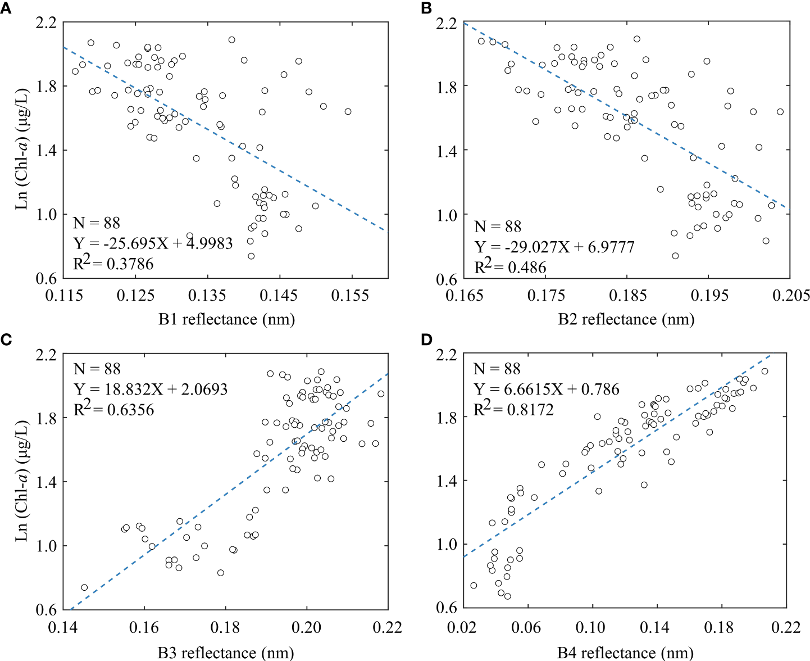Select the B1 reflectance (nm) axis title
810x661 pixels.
(x=226, y=319)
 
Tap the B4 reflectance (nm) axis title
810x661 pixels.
(x=625, y=653)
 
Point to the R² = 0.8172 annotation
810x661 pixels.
(x=513, y=409)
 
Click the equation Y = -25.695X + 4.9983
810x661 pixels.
(x=153, y=243)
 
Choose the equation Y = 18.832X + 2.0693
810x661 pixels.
(x=151, y=389)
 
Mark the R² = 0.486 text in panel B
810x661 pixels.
(x=510, y=266)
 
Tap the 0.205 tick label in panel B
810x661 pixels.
(x=791, y=295)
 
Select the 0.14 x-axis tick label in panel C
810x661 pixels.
(x=63, y=627)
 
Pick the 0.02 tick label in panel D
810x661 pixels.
(x=462, y=627)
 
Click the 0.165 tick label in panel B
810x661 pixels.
(x=465, y=295)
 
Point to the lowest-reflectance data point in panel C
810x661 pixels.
(x=84, y=587)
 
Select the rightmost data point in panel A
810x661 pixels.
(x=348, y=111)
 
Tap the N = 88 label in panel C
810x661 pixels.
(x=97, y=369)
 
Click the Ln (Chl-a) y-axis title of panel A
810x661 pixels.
(x=21, y=150)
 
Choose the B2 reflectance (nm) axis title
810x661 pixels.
(x=626, y=319)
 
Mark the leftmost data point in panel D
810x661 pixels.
(x=474, y=585)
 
